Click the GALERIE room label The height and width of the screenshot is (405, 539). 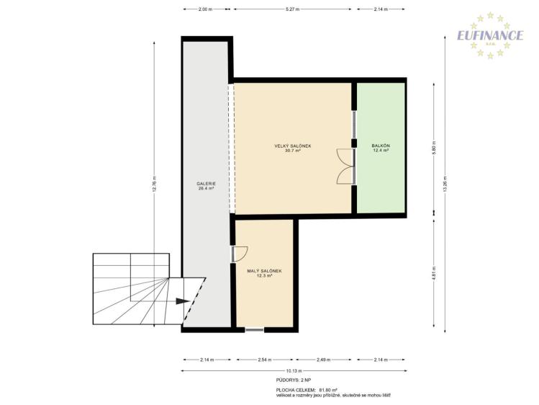[x=207, y=184]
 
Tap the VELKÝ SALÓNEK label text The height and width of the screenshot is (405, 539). [x=293, y=146]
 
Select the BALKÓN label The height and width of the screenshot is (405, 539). [x=381, y=146]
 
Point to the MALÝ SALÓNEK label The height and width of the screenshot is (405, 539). [x=264, y=270]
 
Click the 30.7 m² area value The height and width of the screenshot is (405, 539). [x=293, y=151]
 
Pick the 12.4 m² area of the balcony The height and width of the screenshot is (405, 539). [x=381, y=151]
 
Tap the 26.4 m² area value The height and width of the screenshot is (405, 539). [x=207, y=189]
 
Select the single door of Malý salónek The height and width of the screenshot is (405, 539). [x=239, y=254]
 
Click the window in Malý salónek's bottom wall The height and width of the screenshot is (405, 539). [x=255, y=329]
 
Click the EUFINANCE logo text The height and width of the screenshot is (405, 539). [x=492, y=35]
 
